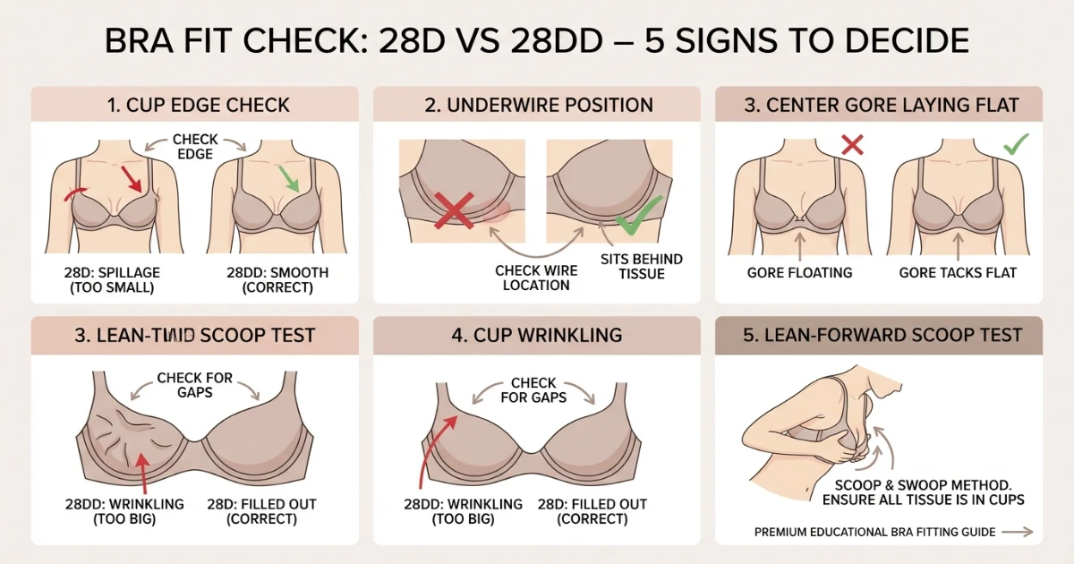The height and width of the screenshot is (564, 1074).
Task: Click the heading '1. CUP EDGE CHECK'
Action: tap(198, 105)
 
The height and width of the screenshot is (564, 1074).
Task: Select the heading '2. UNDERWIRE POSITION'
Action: tap(536, 105)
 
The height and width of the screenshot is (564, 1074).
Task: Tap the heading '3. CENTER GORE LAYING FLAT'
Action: tap(878, 105)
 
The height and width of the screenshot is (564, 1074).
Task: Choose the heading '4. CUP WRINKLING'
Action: tap(536, 335)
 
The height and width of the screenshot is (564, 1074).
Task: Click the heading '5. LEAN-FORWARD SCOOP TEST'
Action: tap(878, 335)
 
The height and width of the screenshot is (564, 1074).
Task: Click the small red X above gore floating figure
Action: tap(852, 144)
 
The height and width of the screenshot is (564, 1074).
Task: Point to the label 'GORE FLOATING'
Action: tap(799, 272)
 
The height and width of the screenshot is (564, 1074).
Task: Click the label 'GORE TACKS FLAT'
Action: tap(959, 272)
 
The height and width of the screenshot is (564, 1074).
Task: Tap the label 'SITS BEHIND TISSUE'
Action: tap(641, 266)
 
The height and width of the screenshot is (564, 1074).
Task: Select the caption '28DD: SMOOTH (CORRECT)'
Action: tap(277, 279)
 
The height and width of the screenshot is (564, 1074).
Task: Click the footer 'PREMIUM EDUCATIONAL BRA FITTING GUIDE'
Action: tap(874, 532)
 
